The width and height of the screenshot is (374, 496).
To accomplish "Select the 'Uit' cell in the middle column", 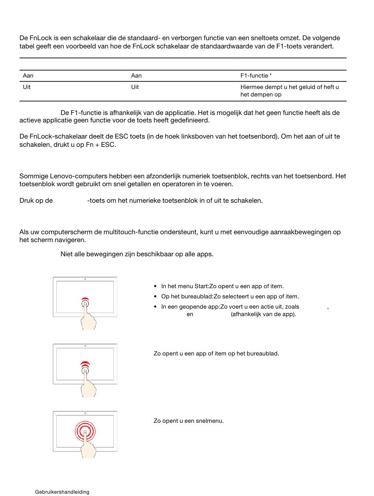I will click(135, 87).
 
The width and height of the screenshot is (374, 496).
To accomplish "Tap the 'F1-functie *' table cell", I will click(256, 76).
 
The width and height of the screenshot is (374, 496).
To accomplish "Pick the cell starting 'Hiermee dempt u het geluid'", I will click(289, 91).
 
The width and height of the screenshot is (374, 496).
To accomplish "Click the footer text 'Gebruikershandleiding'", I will click(62, 492).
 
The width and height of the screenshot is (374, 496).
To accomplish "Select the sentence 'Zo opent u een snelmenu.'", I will click(189, 421).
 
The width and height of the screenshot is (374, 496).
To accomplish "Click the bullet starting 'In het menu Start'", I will click(222, 286).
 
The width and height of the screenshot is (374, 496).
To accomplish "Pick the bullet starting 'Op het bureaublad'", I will click(230, 296).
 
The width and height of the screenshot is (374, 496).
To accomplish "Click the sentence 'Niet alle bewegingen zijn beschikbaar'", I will click(137, 254).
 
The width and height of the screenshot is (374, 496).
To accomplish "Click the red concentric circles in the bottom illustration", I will click(85, 432).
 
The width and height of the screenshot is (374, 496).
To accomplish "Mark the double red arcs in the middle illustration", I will click(85, 364).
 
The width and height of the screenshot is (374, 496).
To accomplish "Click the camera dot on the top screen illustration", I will click(85, 279).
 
